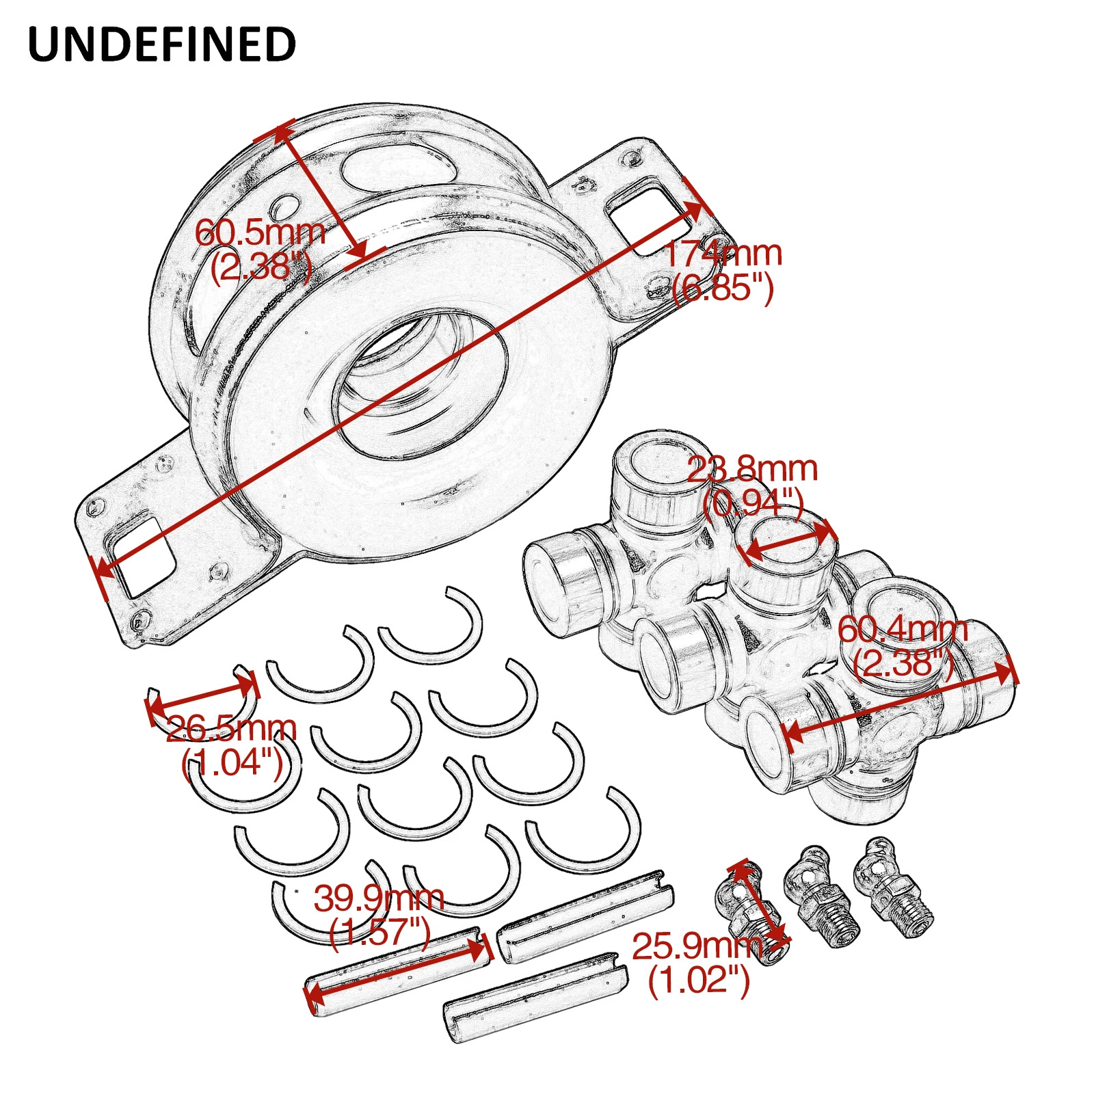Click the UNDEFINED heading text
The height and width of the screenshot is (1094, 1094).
(x=161, y=44)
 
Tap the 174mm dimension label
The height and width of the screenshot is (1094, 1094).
(x=723, y=254)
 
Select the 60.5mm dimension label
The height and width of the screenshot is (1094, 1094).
(x=260, y=232)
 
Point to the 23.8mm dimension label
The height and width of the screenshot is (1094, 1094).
(x=752, y=469)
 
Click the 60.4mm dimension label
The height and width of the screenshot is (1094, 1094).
(x=903, y=629)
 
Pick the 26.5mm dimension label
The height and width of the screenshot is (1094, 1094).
(x=231, y=729)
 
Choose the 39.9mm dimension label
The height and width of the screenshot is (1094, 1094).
(x=379, y=898)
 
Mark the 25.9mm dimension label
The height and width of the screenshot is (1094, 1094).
(x=697, y=947)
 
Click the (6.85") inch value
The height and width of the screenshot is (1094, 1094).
(x=723, y=288)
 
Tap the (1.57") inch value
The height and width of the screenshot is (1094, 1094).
(x=379, y=932)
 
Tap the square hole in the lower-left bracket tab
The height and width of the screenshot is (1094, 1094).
(x=142, y=556)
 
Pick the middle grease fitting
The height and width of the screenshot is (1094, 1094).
(x=821, y=896)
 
